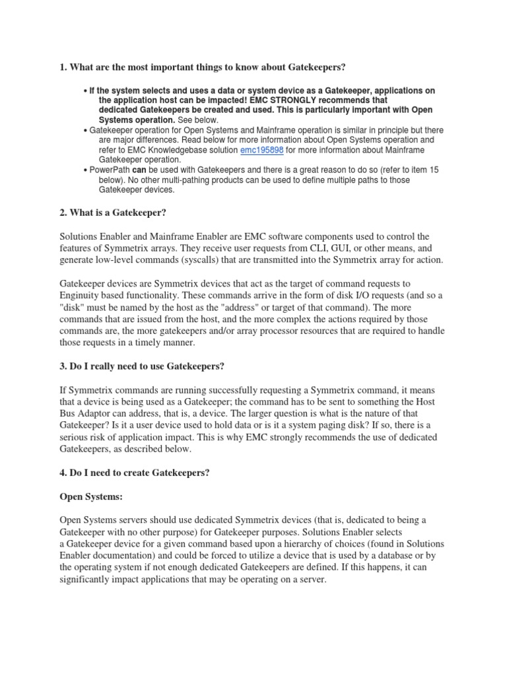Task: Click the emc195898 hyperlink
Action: click(x=261, y=150)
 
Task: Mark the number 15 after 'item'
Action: click(x=432, y=170)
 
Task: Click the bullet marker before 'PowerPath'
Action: click(x=85, y=170)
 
